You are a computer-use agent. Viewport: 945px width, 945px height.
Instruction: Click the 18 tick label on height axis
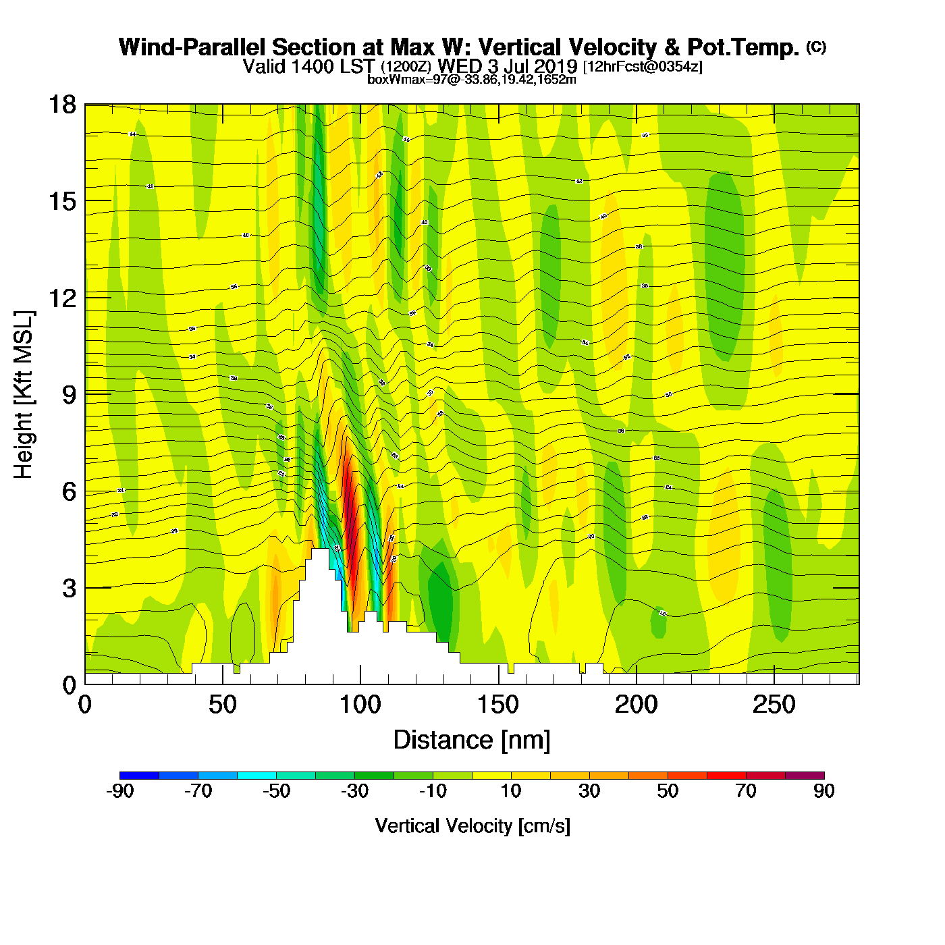pos(61,105)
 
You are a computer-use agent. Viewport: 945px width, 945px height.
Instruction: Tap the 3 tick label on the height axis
pos(69,588)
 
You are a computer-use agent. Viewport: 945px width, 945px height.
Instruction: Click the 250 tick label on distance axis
pos(774,705)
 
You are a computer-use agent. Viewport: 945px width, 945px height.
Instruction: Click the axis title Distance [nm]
pos(472,740)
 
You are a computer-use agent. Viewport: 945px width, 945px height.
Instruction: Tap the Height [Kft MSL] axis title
pos(24,395)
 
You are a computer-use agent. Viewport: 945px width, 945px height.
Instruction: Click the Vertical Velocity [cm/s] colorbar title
pos(473,826)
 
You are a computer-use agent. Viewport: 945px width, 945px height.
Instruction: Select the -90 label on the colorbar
pos(120,791)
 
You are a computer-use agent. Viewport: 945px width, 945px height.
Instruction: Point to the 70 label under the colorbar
pos(746,791)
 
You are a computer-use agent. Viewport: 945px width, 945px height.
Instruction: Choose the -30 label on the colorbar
pos(354,791)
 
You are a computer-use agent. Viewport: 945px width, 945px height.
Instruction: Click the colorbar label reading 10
pos(511,791)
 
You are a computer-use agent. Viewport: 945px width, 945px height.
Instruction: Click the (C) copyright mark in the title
pos(816,47)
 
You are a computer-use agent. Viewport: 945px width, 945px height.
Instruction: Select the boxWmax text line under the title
pos(472,80)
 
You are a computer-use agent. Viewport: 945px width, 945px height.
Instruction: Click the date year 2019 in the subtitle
pos(556,66)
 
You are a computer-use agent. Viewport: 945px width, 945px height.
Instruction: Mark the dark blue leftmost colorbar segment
pos(139,776)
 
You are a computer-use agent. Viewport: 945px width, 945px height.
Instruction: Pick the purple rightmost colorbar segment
pos(805,776)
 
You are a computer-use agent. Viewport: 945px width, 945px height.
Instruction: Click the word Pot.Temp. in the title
pos(743,47)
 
